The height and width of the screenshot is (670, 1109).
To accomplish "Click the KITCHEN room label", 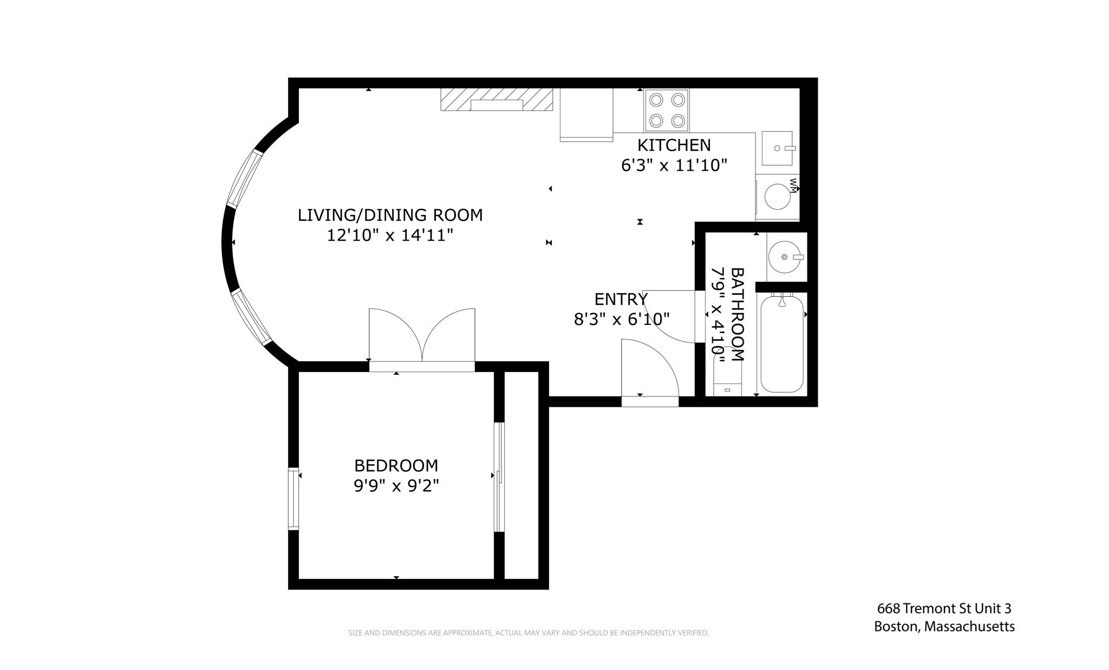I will click(x=674, y=145).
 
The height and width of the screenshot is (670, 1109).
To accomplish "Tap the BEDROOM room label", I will click(x=396, y=465).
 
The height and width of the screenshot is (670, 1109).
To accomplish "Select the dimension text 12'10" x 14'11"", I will click(x=390, y=236).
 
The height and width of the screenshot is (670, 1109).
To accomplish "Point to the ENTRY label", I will click(x=621, y=299).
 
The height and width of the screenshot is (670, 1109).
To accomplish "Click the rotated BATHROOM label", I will click(x=738, y=314).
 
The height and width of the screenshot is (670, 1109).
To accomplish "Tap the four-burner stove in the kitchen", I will click(x=666, y=110).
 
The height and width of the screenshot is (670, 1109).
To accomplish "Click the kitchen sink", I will click(x=777, y=148).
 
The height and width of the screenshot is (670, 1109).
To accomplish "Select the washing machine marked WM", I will click(x=777, y=197).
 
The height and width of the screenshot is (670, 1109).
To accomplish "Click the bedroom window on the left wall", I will click(x=293, y=498).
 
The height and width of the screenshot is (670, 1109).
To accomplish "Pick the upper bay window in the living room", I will click(x=244, y=179).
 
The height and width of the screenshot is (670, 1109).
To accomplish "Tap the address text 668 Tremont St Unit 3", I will click(x=944, y=608).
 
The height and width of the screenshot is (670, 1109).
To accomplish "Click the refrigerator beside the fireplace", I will click(x=586, y=114).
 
